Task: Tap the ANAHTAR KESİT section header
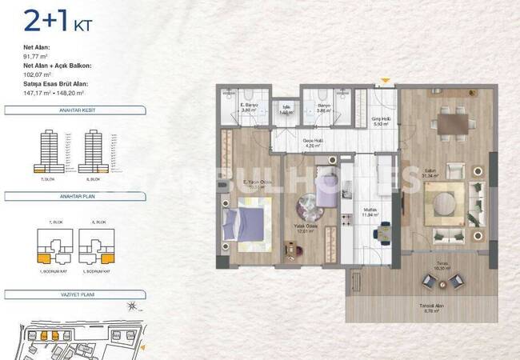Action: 73,111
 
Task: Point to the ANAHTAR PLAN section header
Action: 73,195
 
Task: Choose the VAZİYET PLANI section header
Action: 73,295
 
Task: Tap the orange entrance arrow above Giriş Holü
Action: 385,82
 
